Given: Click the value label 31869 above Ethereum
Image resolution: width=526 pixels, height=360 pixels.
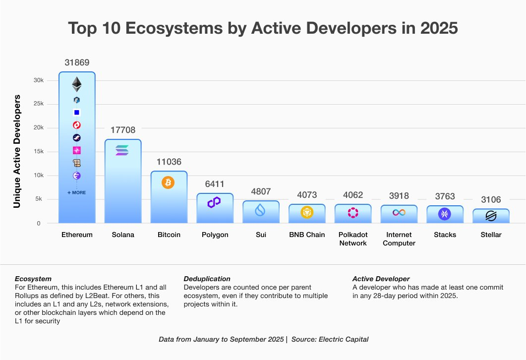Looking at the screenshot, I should pos(77,62).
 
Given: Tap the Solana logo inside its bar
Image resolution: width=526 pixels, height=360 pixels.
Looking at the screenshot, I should pos(122,150).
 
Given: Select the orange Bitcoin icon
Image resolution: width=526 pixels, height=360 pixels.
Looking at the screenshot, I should pos(168,182).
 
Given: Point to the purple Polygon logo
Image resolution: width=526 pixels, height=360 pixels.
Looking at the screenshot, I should pos(214,202).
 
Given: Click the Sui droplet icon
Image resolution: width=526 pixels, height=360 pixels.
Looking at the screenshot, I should pos(260,211).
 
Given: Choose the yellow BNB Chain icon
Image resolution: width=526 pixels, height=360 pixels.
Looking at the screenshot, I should pos(307,212).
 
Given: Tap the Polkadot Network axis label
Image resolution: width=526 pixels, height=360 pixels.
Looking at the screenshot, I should pos(353,239).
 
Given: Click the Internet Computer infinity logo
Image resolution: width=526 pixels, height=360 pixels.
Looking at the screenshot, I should pos(399,212).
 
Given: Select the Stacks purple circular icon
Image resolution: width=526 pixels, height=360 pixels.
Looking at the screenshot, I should pos(445,214).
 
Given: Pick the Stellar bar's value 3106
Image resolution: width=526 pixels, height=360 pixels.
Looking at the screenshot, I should pos(491,200).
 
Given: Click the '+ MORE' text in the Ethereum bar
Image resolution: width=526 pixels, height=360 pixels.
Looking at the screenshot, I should pos(76,192).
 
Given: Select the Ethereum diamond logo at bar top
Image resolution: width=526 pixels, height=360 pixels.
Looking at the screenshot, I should pos(76,84).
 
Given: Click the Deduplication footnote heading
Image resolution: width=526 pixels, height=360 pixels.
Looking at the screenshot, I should pos(207,279).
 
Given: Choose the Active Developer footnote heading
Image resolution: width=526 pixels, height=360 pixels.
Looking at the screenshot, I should pos(381,279).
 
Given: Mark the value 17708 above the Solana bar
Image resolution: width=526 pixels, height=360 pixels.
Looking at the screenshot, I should pos(122,130).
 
